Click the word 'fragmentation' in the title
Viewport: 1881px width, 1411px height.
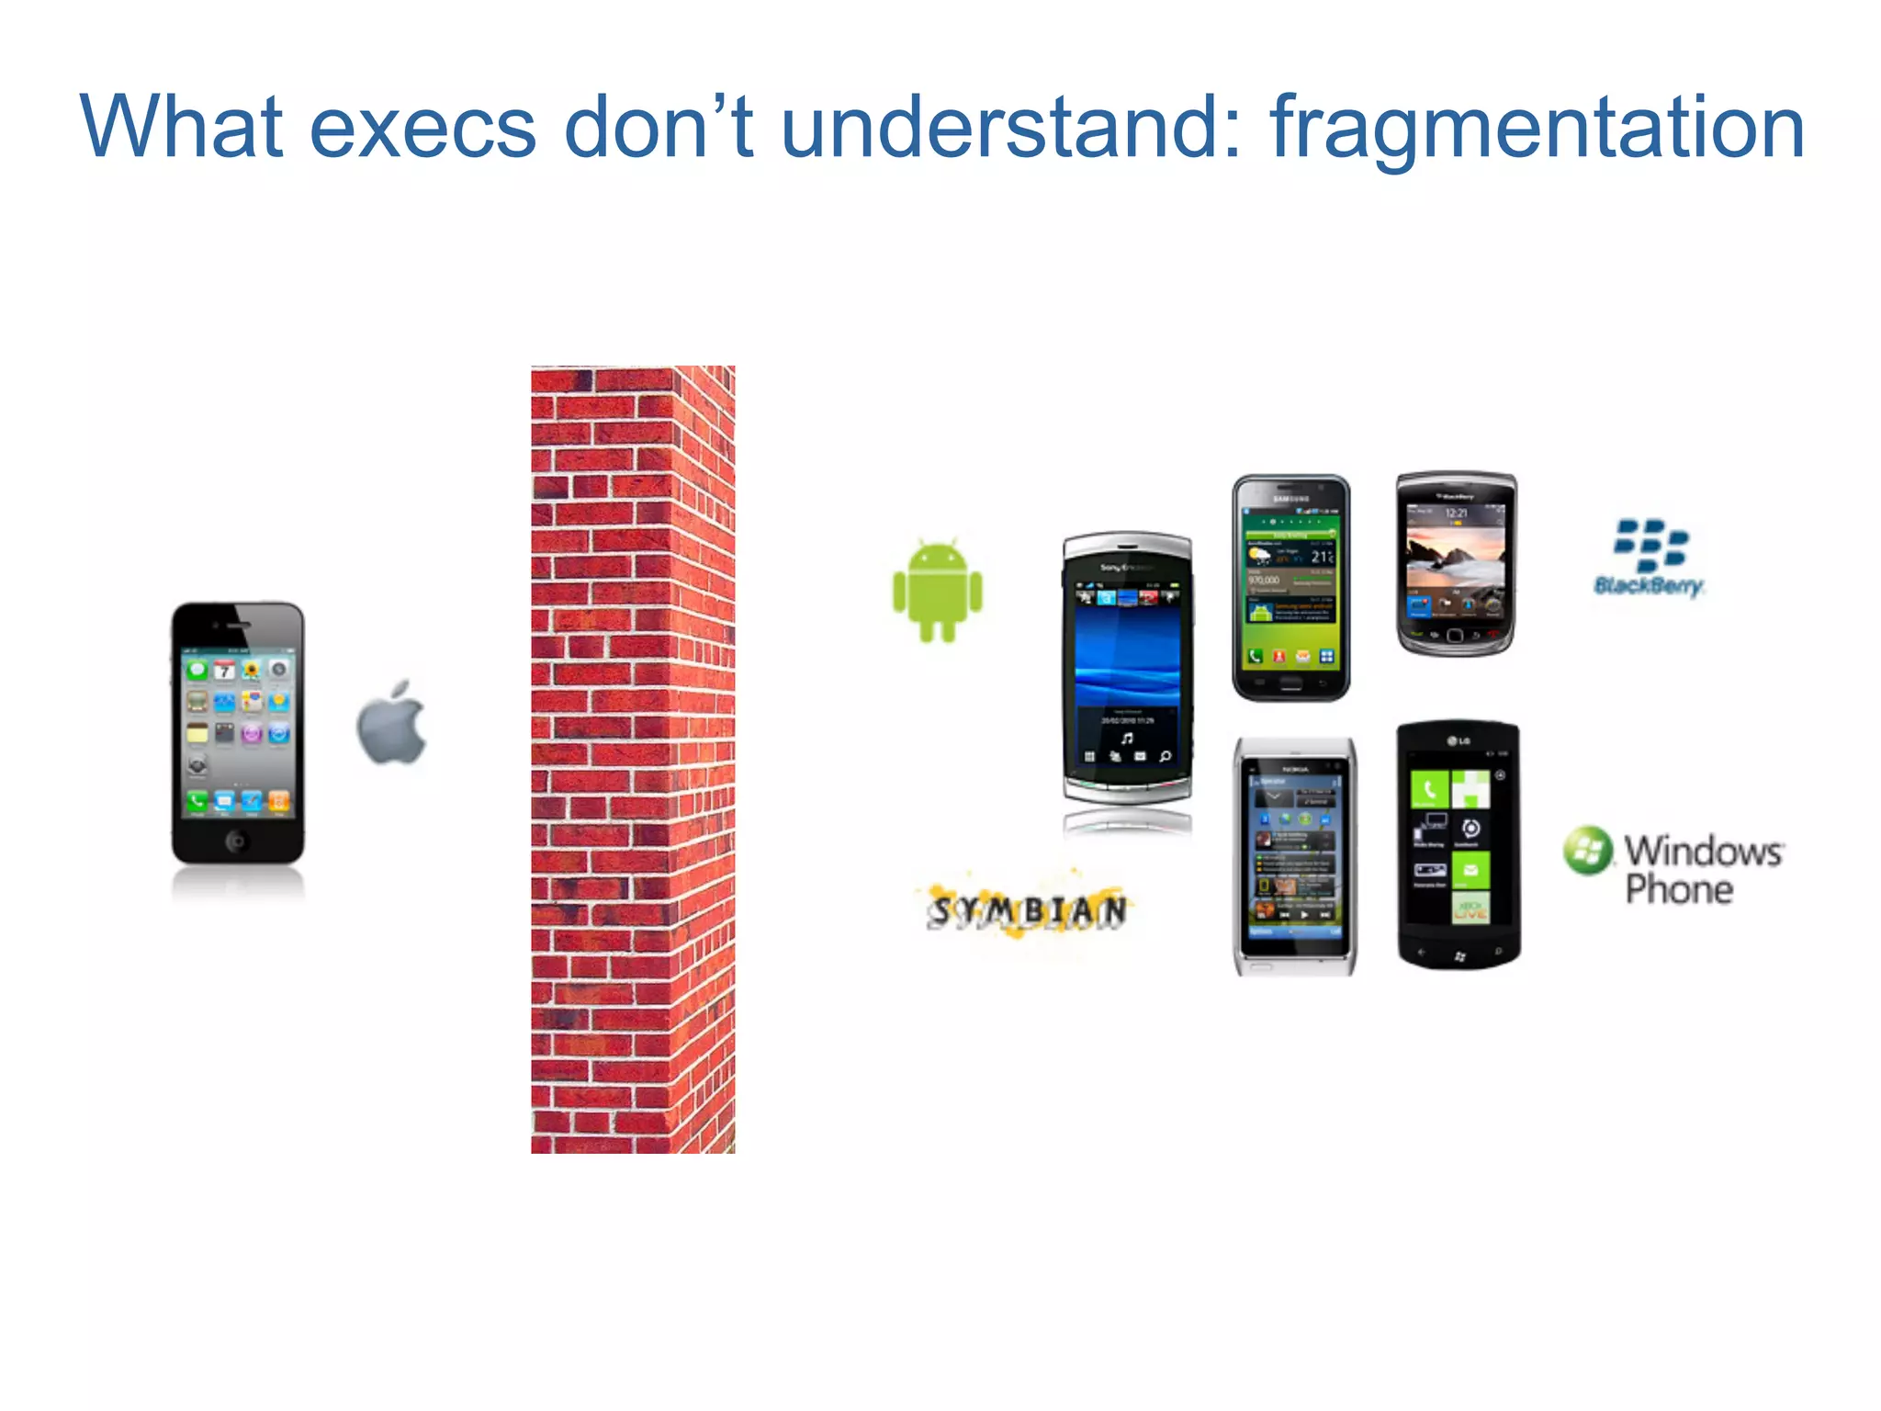pos(1537,129)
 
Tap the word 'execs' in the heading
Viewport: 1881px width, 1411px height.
pos(422,129)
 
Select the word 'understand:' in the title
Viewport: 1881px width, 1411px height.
pos(1010,129)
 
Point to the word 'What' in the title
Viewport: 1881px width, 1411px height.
pos(181,129)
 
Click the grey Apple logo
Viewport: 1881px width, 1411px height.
pos(392,724)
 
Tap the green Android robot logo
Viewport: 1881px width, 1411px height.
pos(937,591)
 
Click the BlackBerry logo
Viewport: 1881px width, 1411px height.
pos(1650,557)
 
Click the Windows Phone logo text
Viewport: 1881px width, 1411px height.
pos(1702,869)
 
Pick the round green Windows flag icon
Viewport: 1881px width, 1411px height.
pos(1588,850)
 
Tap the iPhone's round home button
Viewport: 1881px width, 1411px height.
pos(237,840)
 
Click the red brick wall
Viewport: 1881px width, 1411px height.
pos(633,759)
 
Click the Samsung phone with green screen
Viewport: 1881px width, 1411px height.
pos(1290,588)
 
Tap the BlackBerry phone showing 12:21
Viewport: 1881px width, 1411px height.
pos(1456,563)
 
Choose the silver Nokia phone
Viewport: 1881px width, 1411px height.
pos(1294,856)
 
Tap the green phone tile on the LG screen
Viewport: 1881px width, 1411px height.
pos(1429,789)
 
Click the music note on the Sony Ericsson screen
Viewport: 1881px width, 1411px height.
pos(1127,738)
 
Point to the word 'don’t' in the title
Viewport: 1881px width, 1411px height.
pos(658,129)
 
